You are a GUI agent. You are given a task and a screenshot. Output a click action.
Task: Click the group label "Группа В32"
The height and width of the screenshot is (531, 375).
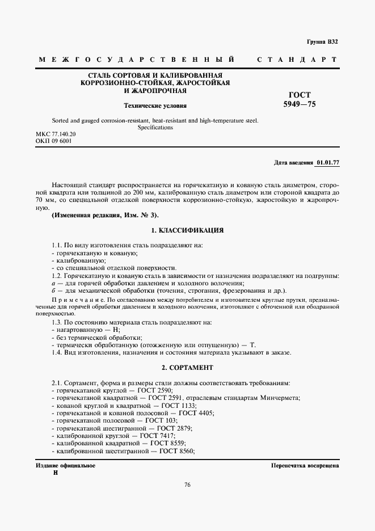(x=322, y=42)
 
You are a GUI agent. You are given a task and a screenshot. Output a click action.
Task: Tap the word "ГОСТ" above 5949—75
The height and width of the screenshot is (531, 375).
(x=300, y=95)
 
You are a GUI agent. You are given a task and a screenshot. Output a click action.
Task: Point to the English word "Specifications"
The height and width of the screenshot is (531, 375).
(x=155, y=128)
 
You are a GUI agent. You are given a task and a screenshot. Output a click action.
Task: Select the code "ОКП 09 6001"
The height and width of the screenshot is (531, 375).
(x=54, y=141)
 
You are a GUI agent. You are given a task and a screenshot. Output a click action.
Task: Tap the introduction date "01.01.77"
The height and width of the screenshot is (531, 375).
(x=327, y=163)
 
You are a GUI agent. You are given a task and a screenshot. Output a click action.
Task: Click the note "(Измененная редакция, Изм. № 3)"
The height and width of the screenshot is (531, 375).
(x=106, y=216)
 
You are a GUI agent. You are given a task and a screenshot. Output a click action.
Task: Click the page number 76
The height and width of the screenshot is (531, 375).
(x=187, y=484)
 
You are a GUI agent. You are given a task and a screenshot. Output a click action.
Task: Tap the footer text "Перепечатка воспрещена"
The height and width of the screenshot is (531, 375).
(x=305, y=465)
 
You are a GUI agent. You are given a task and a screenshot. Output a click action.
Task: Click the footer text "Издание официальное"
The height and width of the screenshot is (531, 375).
(x=65, y=465)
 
